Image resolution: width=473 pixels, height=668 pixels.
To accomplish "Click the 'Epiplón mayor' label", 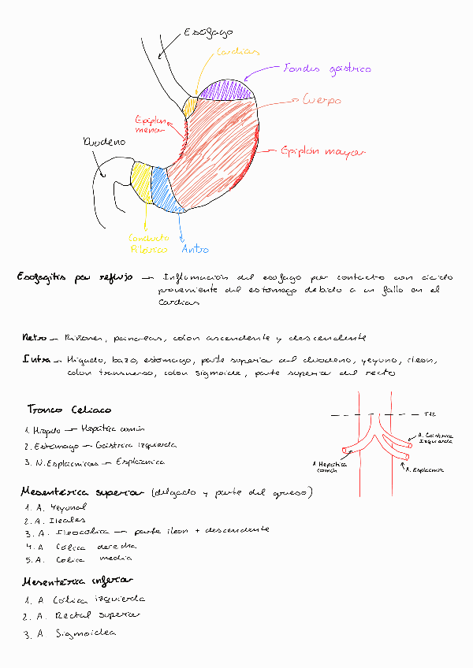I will [315, 150].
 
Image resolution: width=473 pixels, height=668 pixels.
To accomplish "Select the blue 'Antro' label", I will [195, 250].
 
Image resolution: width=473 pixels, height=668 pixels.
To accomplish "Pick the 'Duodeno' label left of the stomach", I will [103, 143].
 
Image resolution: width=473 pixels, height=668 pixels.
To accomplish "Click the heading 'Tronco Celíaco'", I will [69, 410].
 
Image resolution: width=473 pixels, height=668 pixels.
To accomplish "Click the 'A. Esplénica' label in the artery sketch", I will [425, 469].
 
